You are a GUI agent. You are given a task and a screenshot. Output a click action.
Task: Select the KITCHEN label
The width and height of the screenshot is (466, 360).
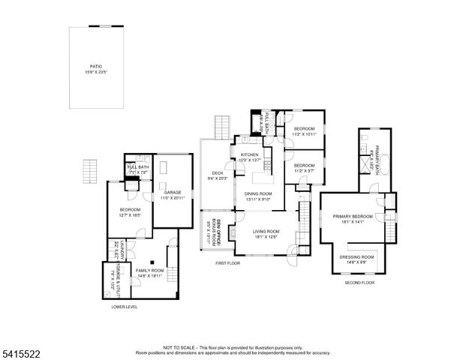coord(248,154)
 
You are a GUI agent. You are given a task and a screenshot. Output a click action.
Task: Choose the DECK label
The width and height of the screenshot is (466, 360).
coord(218,173)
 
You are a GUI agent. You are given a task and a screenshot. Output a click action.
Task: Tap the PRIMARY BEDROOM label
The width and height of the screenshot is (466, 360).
coord(352,217)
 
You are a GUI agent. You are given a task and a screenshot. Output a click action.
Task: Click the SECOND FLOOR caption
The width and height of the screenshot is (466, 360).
coord(359,283)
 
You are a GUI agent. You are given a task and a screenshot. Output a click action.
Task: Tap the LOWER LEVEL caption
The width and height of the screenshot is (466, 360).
coord(124,306)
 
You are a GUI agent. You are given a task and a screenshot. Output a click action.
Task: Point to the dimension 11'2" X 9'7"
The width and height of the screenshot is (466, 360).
coord(303,170)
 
